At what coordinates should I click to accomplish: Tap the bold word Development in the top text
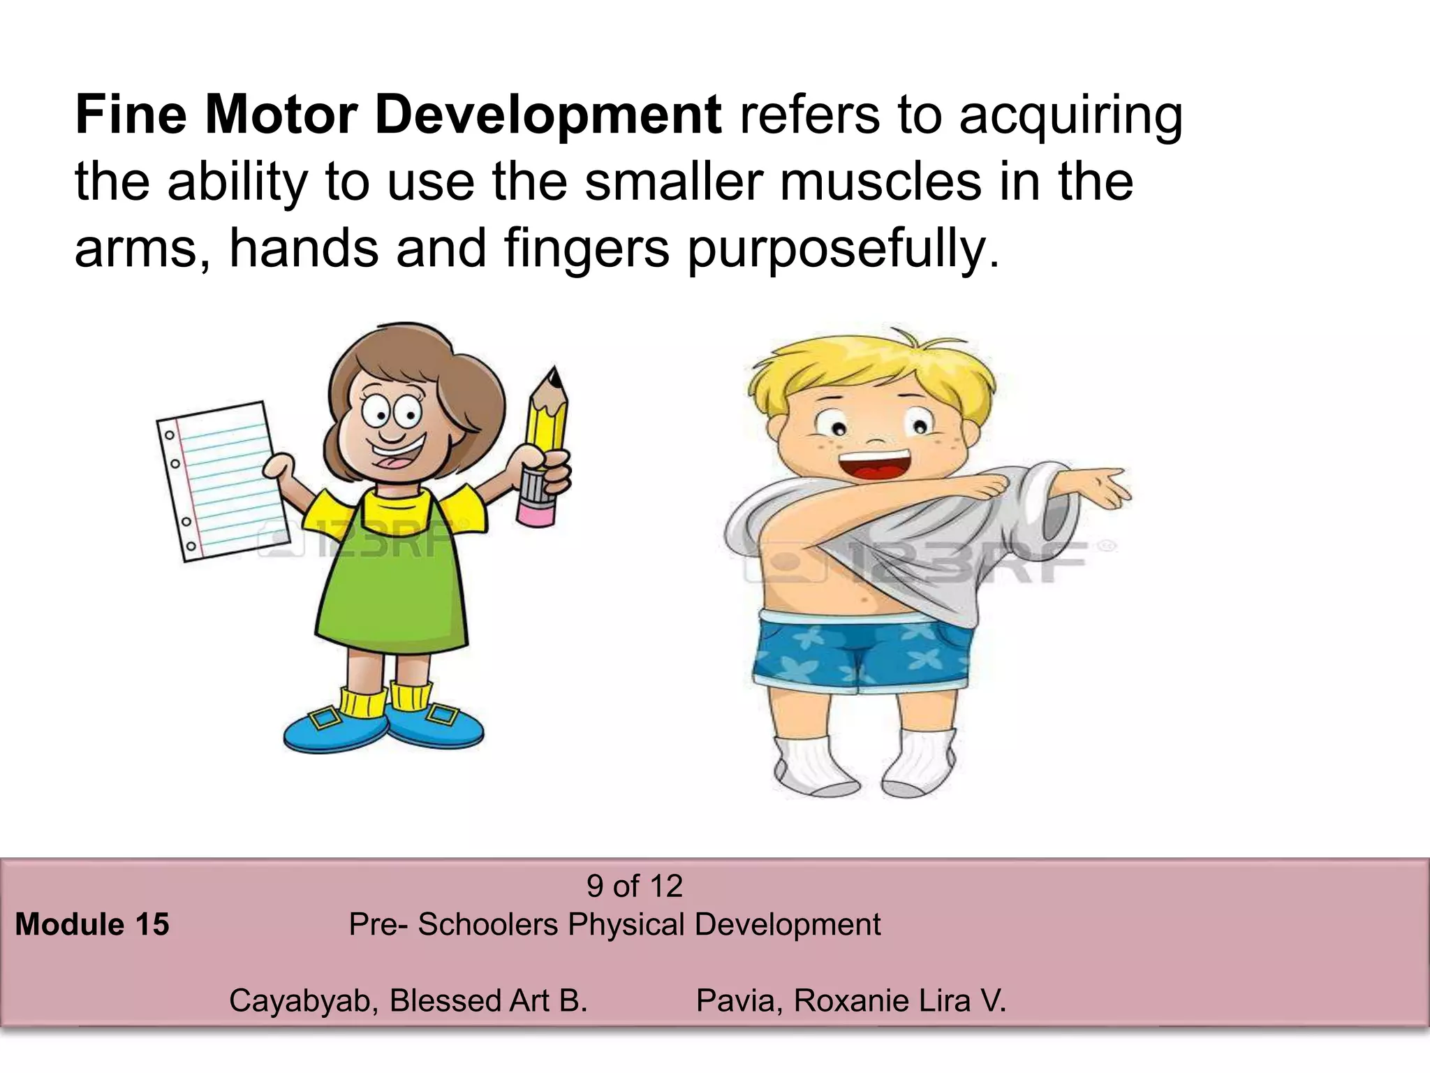click(548, 116)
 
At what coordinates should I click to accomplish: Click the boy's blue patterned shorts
click(863, 650)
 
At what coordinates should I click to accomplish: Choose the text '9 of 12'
click(634, 886)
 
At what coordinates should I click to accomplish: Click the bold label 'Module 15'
click(92, 924)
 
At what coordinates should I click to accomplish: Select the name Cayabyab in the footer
click(304, 1000)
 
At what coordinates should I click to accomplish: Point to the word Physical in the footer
click(626, 924)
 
